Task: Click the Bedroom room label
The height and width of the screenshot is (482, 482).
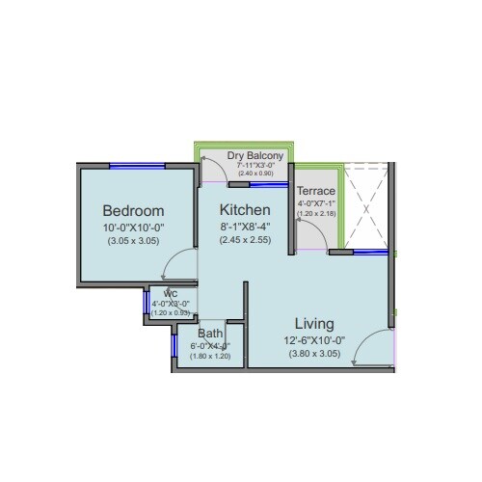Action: pyautogui.click(x=133, y=210)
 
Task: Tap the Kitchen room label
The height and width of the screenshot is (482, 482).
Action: pyautogui.click(x=244, y=209)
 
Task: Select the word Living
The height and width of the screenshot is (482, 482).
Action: pyautogui.click(x=314, y=323)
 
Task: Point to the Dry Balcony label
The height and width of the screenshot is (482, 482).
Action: pyautogui.click(x=254, y=155)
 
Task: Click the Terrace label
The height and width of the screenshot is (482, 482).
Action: pyautogui.click(x=315, y=191)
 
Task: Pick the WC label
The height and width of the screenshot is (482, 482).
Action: pyautogui.click(x=170, y=294)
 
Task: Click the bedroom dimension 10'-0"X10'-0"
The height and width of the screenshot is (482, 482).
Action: pyautogui.click(x=133, y=228)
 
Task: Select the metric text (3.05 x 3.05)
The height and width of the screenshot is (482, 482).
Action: pyautogui.click(x=133, y=241)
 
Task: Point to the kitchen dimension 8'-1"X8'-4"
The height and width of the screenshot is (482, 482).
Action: pyautogui.click(x=244, y=227)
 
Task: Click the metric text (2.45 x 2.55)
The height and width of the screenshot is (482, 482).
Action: pyautogui.click(x=244, y=240)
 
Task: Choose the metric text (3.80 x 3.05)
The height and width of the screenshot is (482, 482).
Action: pyautogui.click(x=314, y=353)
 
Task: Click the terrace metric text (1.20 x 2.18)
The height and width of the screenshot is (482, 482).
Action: pyautogui.click(x=315, y=213)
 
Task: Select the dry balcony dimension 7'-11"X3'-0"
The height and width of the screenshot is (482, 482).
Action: pyautogui.click(x=255, y=165)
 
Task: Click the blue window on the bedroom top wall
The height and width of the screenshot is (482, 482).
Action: pyautogui.click(x=134, y=166)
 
